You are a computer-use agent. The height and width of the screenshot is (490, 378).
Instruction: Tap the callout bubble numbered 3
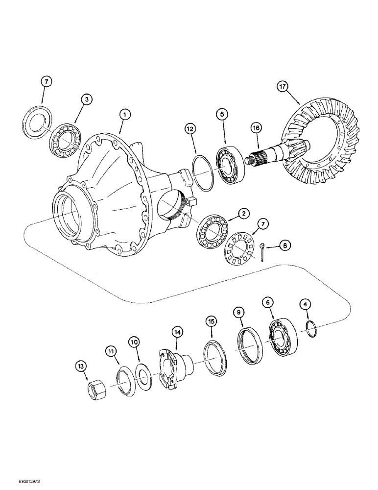(x=86, y=100)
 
